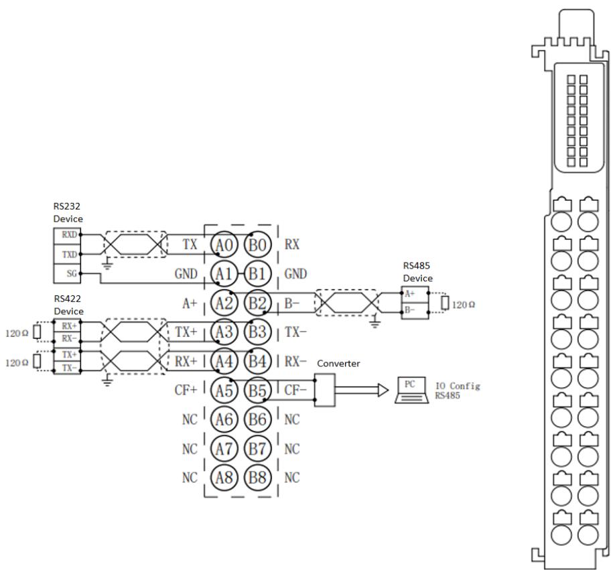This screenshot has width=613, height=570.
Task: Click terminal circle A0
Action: pyautogui.click(x=224, y=245)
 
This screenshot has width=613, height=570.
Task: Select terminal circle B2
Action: pyautogui.click(x=257, y=303)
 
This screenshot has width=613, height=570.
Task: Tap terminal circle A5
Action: pyautogui.click(x=224, y=390)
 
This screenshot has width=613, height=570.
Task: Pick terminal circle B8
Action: pyautogui.click(x=257, y=478)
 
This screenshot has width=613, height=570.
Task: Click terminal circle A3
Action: pyautogui.click(x=224, y=332)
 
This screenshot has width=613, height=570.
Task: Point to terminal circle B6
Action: pyautogui.click(x=257, y=419)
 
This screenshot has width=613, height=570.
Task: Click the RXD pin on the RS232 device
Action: pyautogui.click(x=67, y=235)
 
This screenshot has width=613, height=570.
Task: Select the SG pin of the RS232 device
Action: pyautogui.click(x=67, y=273)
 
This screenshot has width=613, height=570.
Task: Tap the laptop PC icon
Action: pyautogui.click(x=411, y=390)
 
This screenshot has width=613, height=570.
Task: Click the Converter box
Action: pyautogui.click(x=325, y=390)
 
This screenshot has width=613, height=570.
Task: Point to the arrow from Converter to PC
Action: pyautogui.click(x=362, y=390)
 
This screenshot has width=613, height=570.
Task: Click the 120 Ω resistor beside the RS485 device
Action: pyautogui.click(x=444, y=303)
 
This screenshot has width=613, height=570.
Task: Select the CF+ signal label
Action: pyautogui.click(x=186, y=390)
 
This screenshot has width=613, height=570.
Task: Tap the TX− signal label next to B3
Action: pyautogui.click(x=295, y=332)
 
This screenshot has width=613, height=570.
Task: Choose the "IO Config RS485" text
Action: pyautogui.click(x=458, y=390)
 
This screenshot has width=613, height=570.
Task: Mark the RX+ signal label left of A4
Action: pyautogui.click(x=186, y=361)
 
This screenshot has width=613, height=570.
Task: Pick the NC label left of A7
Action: pyautogui.click(x=190, y=449)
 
